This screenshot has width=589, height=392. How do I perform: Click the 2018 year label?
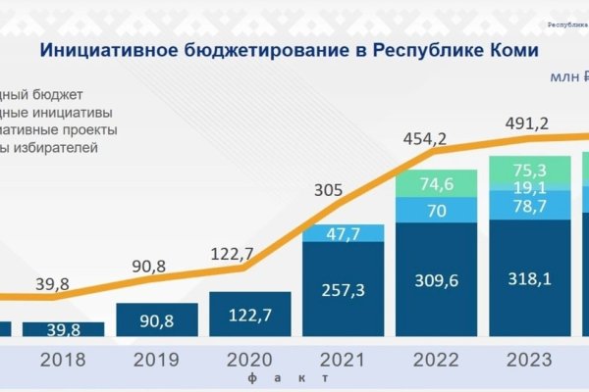tap(63, 360)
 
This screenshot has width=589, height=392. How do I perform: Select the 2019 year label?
tap(157, 360)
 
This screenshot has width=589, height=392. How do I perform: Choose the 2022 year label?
tap(436, 360)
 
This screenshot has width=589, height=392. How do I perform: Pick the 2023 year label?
tap(528, 360)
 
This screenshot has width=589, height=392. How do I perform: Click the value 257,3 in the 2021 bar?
tap(343, 289)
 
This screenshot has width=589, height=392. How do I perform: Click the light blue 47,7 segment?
tap(343, 233)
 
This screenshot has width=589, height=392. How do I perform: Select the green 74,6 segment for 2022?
tap(435, 183)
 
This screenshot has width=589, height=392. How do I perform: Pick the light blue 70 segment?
tap(435, 210)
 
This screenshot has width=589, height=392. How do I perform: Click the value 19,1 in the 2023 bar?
tap(528, 186)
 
